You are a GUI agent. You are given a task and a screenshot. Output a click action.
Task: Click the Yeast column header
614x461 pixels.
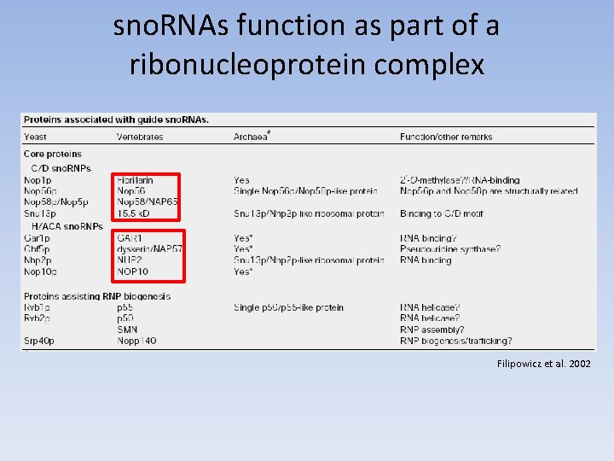pyautogui.click(x=35, y=137)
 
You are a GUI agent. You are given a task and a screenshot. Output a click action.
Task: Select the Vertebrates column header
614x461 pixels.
pyautogui.click(x=140, y=137)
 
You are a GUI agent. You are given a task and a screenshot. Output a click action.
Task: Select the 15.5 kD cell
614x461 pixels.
pyautogui.click(x=133, y=213)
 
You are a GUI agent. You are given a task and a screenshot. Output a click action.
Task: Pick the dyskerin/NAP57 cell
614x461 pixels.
pyautogui.click(x=149, y=248)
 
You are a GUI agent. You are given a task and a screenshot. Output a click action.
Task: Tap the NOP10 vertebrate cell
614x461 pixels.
pyautogui.click(x=132, y=271)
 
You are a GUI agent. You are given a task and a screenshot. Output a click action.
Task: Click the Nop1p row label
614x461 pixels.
pyautogui.click(x=38, y=180)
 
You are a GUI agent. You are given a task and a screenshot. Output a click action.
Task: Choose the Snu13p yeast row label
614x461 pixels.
pyautogui.click(x=40, y=213)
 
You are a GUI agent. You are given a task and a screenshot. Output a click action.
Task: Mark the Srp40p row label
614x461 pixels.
pyautogui.click(x=40, y=341)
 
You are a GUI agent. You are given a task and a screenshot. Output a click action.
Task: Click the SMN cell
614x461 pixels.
pyautogui.click(x=127, y=330)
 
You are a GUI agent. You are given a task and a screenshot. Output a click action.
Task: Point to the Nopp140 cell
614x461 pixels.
pyautogui.click(x=136, y=341)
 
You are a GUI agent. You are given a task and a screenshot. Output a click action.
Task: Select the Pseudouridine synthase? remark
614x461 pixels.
pyautogui.click(x=450, y=248)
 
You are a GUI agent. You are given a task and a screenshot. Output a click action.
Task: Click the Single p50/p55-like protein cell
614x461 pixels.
pyautogui.click(x=288, y=307)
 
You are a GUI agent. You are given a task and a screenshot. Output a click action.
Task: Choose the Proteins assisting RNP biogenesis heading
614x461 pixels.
pyautogui.click(x=96, y=296)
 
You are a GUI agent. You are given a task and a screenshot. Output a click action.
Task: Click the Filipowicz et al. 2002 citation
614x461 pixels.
pyautogui.click(x=543, y=364)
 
